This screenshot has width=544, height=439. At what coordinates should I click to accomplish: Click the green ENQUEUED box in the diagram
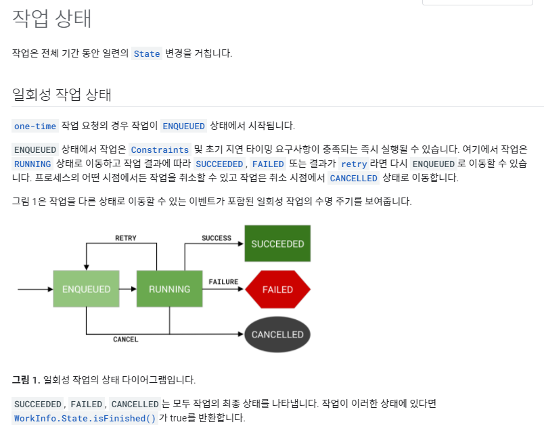coord(86,289)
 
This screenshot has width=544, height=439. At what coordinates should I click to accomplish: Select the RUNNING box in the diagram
coord(169,289)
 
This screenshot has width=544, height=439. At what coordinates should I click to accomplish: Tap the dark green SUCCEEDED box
coord(277,244)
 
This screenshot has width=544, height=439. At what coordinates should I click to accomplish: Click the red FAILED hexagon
coord(277,289)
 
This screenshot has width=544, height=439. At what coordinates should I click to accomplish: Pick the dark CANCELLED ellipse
coord(277,334)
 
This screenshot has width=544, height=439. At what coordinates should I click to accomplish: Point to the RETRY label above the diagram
coord(126,238)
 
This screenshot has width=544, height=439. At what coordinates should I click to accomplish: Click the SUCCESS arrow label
coord(217,238)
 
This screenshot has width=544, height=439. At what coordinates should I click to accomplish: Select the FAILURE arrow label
coord(223,281)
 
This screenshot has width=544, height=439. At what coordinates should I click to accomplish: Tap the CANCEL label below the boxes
coord(126,340)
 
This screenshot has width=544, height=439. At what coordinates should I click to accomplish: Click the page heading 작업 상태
coord(51,19)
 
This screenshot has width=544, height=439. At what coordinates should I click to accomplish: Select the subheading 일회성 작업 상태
coord(62,95)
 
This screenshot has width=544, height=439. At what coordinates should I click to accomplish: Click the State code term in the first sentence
coord(147,53)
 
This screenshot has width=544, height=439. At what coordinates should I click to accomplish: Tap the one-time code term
coord(35,126)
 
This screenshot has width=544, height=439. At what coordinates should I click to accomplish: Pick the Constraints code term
coord(160,149)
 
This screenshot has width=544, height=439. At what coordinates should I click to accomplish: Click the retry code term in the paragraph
coord(353,164)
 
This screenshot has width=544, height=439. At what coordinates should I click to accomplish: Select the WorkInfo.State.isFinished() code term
coord(85,418)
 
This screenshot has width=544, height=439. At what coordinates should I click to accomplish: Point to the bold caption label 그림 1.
coord(26,379)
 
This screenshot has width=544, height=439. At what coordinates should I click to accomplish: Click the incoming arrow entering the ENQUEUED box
coord(34,289)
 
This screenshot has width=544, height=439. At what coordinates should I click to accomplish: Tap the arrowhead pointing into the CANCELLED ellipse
coord(240,334)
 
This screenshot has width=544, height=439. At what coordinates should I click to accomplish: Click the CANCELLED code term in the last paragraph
coord(134,404)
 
